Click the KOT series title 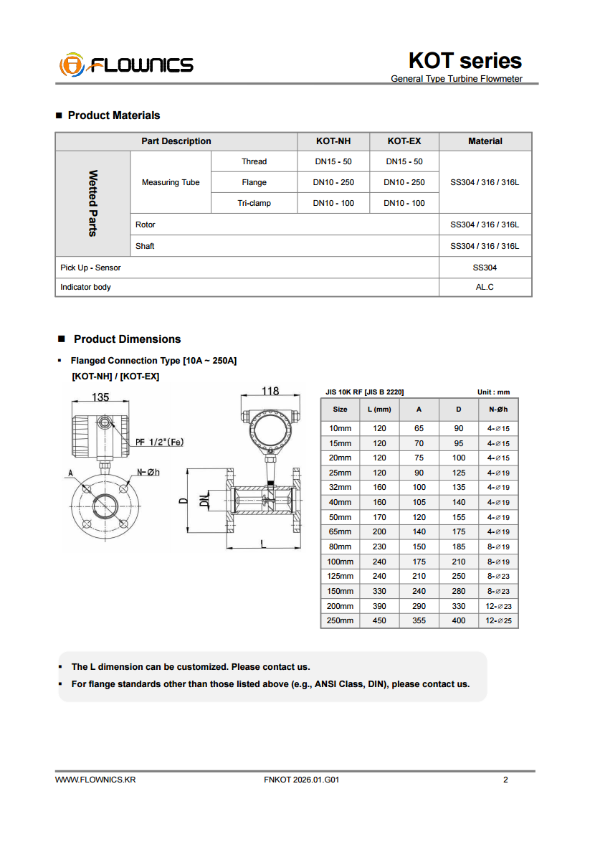pyautogui.click(x=465, y=60)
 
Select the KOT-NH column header pyautogui.click(x=333, y=141)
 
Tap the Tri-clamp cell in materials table pyautogui.click(x=254, y=203)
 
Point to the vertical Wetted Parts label pyautogui.click(x=92, y=203)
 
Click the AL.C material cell pyautogui.click(x=485, y=287)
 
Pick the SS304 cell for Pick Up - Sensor pyautogui.click(x=485, y=268)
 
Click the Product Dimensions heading pyautogui.click(x=127, y=339)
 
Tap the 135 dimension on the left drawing pyautogui.click(x=100, y=397)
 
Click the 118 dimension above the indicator pyautogui.click(x=270, y=392)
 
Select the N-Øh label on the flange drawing pyautogui.click(x=148, y=472)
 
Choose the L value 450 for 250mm pyautogui.click(x=379, y=620)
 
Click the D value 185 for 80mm pyautogui.click(x=459, y=547)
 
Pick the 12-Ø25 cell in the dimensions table pyautogui.click(x=498, y=620)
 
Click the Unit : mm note pyautogui.click(x=493, y=392)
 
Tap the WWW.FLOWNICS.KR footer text pyautogui.click(x=95, y=780)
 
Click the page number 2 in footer pyautogui.click(x=505, y=780)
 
